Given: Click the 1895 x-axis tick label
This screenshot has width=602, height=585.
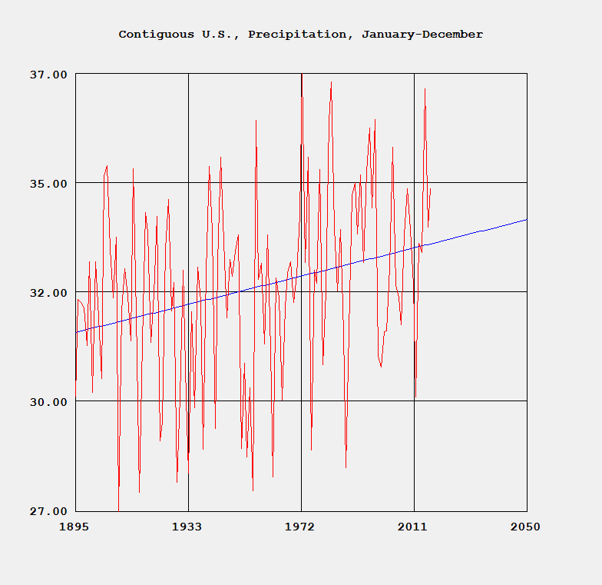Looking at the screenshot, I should (x=75, y=527).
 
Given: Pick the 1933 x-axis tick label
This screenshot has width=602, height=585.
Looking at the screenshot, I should (x=187, y=527).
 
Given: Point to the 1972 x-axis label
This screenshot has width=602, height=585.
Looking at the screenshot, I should (x=300, y=527).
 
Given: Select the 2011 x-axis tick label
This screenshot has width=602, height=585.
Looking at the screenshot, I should (x=413, y=527).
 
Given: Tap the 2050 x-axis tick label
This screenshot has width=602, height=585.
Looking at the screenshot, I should (x=526, y=527).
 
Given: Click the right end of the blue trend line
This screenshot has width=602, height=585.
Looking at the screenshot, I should (x=527, y=219).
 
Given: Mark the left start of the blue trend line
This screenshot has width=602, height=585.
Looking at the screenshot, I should (x=76, y=332).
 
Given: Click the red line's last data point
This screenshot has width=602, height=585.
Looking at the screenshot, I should (x=431, y=189).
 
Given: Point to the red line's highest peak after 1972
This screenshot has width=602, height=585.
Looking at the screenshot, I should (x=331, y=82).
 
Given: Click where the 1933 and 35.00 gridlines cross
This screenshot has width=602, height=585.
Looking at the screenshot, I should (x=188, y=183).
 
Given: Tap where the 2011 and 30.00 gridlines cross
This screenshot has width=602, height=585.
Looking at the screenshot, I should (x=414, y=401).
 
